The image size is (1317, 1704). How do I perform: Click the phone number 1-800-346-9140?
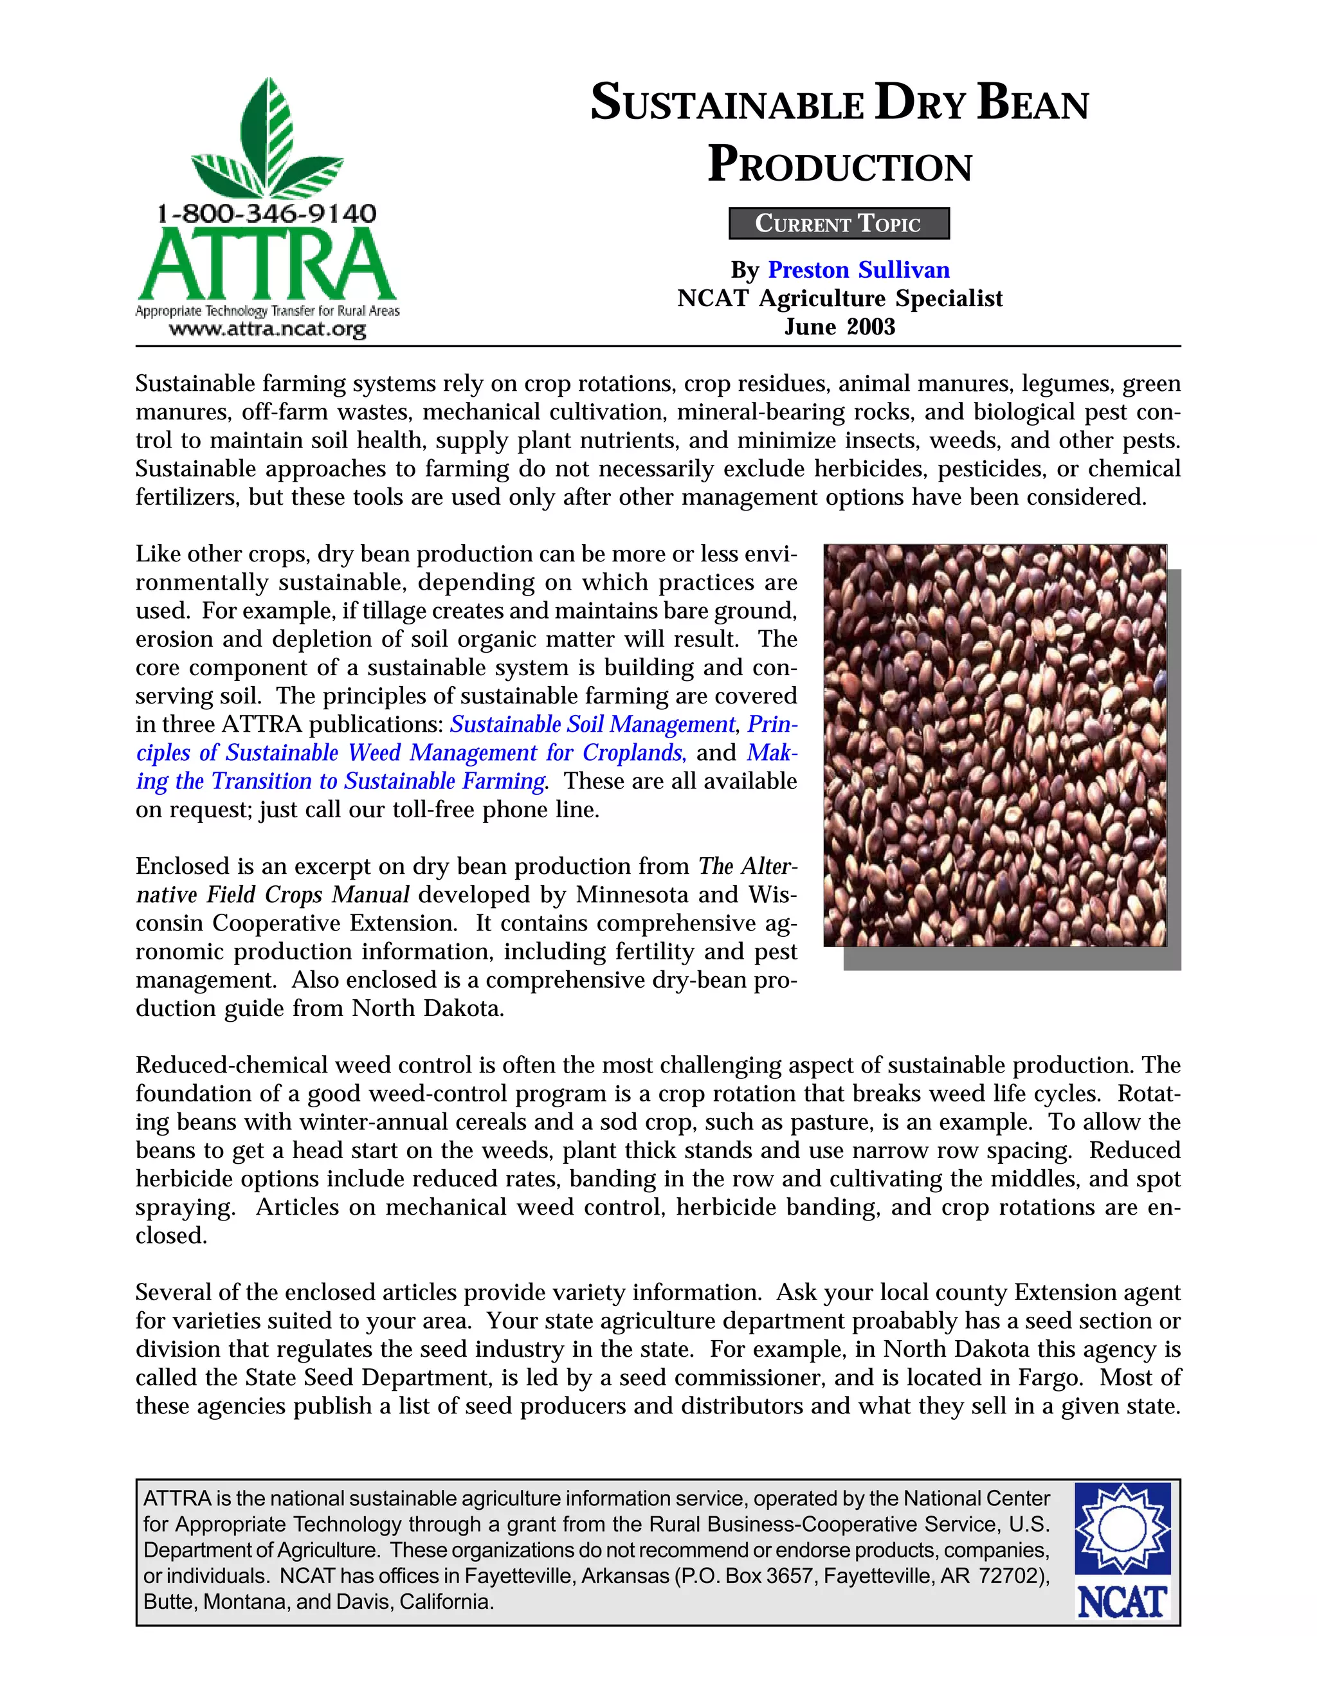[x=266, y=213]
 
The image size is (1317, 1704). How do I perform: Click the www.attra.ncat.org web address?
[x=267, y=329]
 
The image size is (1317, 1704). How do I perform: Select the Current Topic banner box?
[x=839, y=223]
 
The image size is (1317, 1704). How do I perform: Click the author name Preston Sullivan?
[x=859, y=270]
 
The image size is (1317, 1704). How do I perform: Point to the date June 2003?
[x=839, y=326]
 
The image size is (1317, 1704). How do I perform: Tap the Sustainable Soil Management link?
[x=593, y=724]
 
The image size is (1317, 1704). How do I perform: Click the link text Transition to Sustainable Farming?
[x=378, y=781]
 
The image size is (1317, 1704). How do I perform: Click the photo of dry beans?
[x=995, y=745]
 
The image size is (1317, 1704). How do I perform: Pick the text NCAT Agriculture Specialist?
[x=839, y=298]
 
